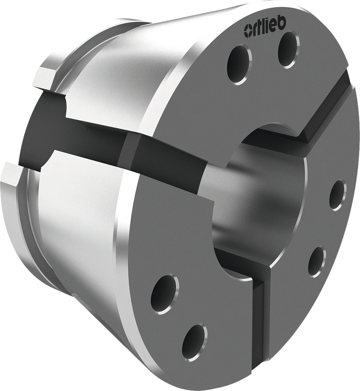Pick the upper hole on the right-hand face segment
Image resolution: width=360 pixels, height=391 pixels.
(x=337, y=194)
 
